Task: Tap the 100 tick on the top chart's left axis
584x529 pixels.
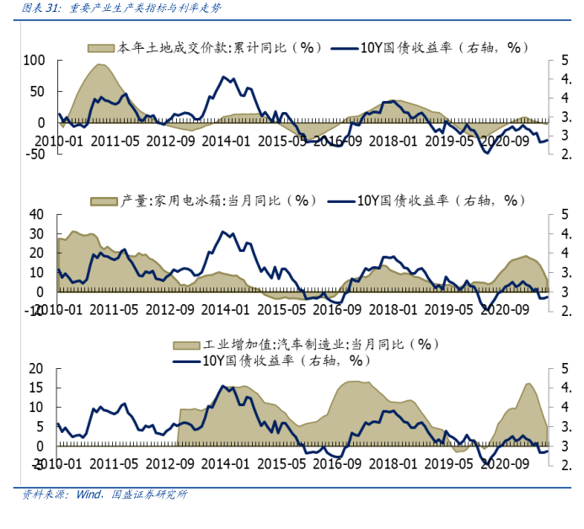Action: (x=34, y=61)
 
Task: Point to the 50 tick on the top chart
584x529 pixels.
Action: (x=37, y=91)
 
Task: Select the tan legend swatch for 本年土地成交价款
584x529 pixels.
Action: (x=100, y=47)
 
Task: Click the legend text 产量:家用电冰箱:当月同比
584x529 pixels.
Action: (x=217, y=200)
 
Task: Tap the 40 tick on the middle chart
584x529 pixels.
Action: (x=38, y=214)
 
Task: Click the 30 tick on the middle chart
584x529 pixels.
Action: (x=38, y=233)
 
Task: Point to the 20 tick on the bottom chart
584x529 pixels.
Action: (x=38, y=368)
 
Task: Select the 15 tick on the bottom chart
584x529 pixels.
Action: (x=38, y=387)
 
